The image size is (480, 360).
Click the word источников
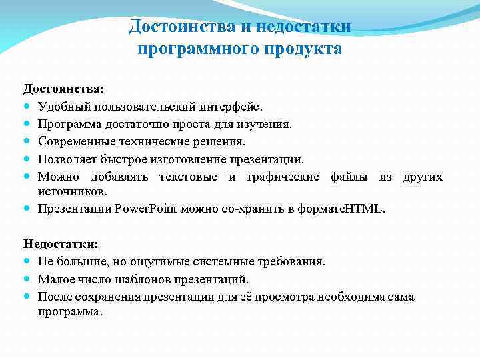coord(71,191)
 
